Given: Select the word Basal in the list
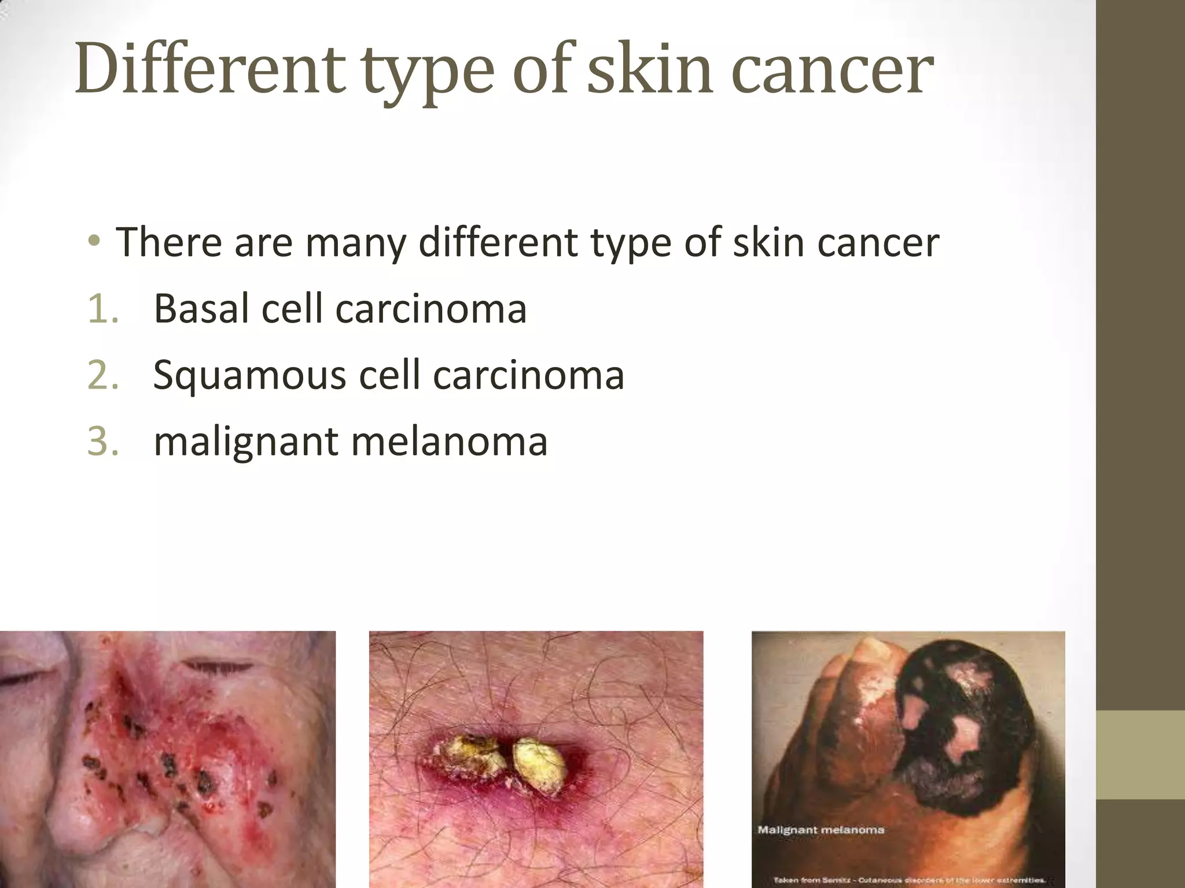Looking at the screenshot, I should pyautogui.click(x=202, y=309).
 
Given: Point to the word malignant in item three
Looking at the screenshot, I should pyautogui.click(x=246, y=442).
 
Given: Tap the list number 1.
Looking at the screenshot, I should pyautogui.click(x=103, y=309).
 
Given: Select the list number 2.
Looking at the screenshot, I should pyautogui.click(x=103, y=376).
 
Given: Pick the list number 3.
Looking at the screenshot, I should pyautogui.click(x=103, y=442).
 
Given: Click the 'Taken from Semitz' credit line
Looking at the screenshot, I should pyautogui.click(x=908, y=880).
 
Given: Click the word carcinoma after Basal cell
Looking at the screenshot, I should pyautogui.click(x=431, y=309).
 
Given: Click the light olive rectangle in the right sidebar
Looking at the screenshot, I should pyautogui.click(x=1140, y=754).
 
